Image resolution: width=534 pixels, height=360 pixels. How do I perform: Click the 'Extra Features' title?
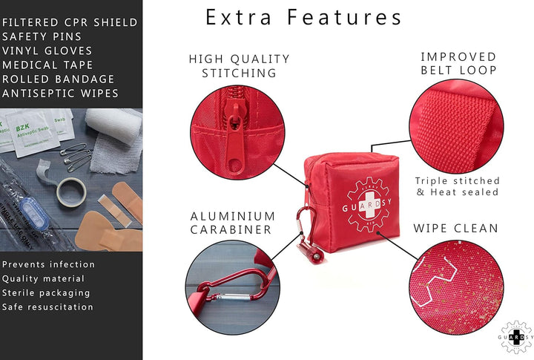pyautogui.click(x=303, y=17)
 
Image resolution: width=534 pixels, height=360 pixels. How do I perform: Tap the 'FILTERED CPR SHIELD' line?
pyautogui.click(x=70, y=22)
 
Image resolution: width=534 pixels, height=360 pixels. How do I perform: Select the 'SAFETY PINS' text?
pyautogui.click(x=43, y=36)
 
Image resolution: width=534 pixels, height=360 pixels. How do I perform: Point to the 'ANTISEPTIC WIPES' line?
pyautogui.click(x=60, y=93)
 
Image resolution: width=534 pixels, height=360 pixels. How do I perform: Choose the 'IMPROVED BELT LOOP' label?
pyautogui.click(x=458, y=64)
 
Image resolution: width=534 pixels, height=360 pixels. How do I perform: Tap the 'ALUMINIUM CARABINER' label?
pyautogui.click(x=233, y=223)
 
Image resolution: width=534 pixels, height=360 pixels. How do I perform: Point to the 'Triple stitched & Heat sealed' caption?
pyautogui.click(x=458, y=186)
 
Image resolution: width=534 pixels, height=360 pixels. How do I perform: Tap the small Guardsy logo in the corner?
pyautogui.click(x=515, y=337)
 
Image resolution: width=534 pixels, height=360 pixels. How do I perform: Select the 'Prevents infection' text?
pyautogui.click(x=49, y=264)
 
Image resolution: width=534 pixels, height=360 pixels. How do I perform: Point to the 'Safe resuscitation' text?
pyautogui.click(x=47, y=307)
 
